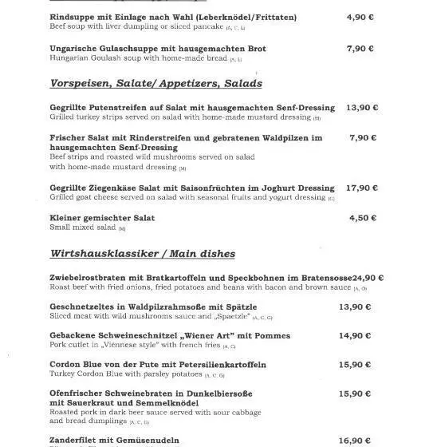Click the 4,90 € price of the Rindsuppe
360,17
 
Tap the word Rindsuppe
73,17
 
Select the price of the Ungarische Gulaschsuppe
360,48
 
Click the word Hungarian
70,58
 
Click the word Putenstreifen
127,107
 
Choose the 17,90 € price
362,188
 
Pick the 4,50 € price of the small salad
362,218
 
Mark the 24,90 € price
368,278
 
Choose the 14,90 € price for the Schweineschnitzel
355,335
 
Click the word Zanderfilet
77,440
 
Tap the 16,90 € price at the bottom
355,440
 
